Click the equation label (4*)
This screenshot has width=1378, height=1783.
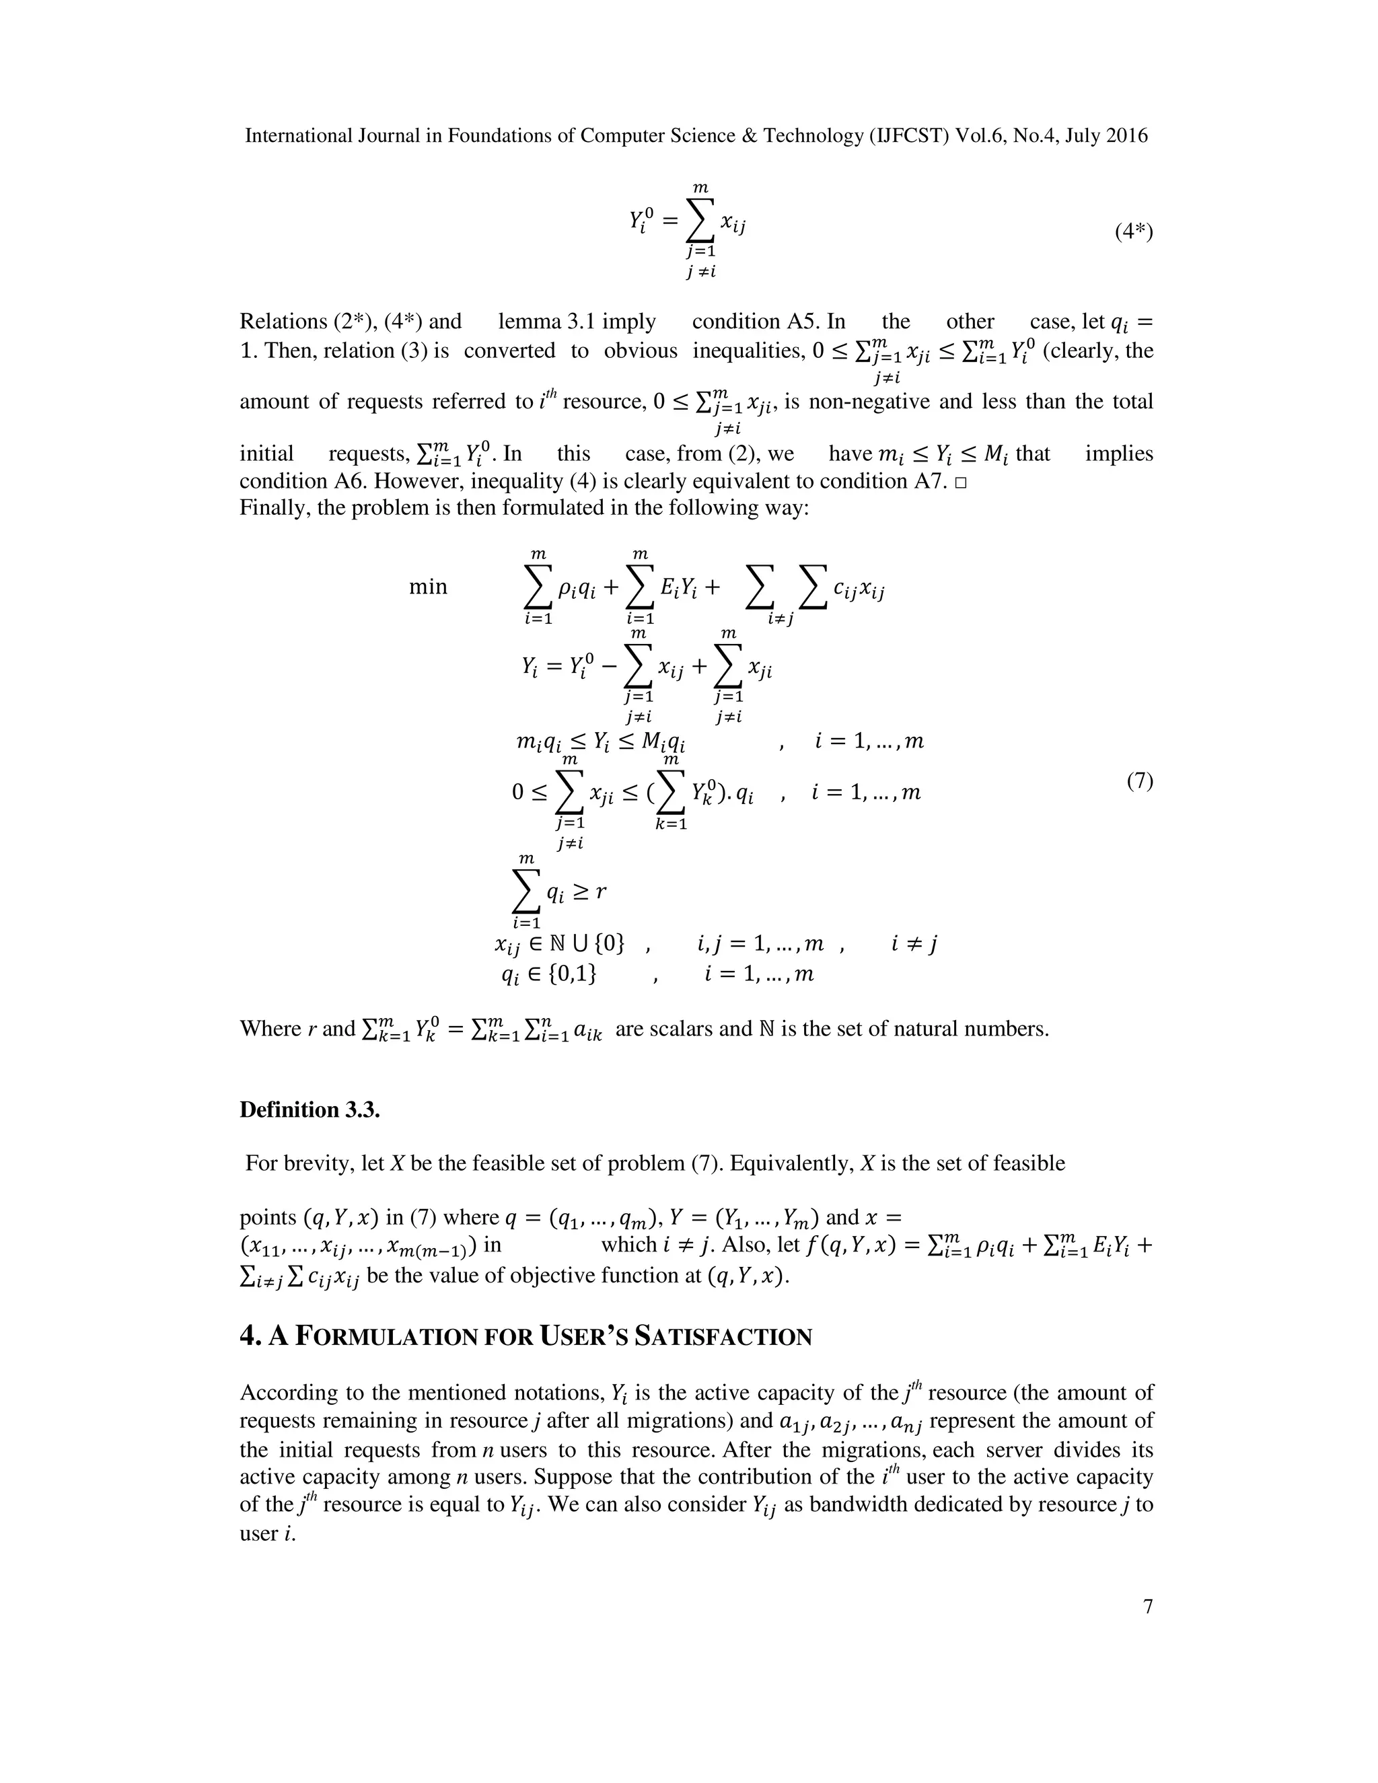tap(1134, 232)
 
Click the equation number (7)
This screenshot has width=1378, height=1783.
tap(1140, 780)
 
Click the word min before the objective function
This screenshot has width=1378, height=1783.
tap(428, 586)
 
